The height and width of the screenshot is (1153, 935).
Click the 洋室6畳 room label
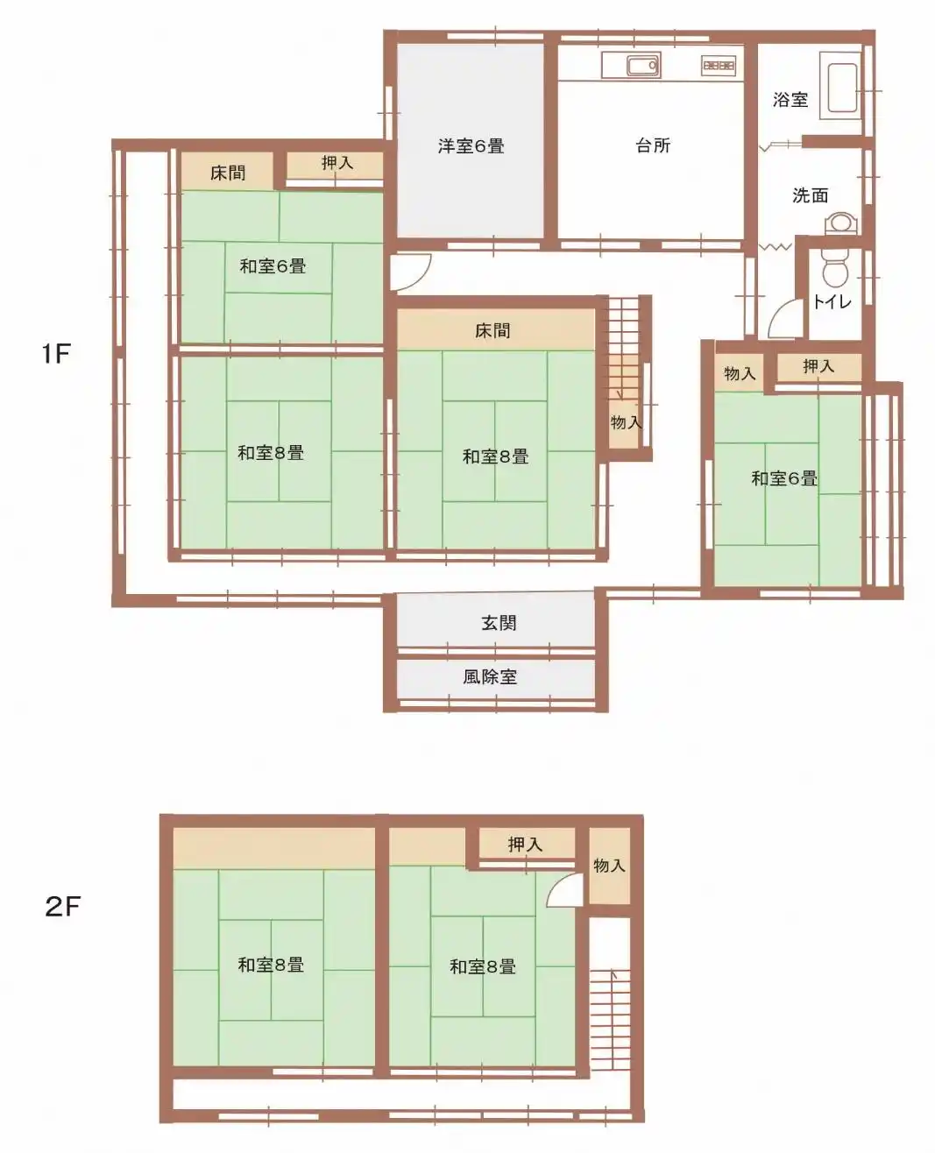click(471, 146)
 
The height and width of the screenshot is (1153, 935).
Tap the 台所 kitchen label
click(653, 145)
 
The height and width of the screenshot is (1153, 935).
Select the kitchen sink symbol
click(642, 66)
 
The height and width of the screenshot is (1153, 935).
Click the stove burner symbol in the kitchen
click(719, 66)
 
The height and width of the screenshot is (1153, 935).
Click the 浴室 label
click(790, 100)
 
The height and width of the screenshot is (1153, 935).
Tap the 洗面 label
click(810, 195)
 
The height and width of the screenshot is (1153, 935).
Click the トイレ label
click(832, 301)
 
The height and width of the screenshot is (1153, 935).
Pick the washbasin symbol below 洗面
click(841, 223)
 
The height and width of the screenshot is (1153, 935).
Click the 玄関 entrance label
click(498, 623)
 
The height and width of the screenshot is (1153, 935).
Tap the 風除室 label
click(490, 676)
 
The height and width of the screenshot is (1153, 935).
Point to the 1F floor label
click(56, 354)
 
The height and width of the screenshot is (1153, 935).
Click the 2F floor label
click(63, 906)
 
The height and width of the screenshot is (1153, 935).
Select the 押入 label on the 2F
click(525, 844)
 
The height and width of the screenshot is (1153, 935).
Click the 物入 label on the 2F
click(609, 866)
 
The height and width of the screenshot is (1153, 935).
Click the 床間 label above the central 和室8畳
click(492, 331)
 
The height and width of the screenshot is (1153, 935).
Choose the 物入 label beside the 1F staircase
click(626, 422)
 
